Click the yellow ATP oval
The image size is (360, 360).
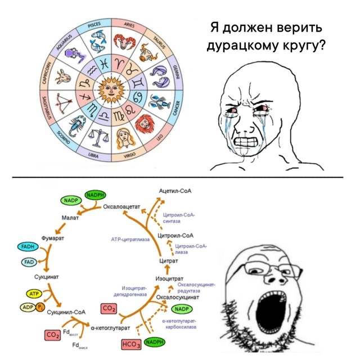pos(34,294)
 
